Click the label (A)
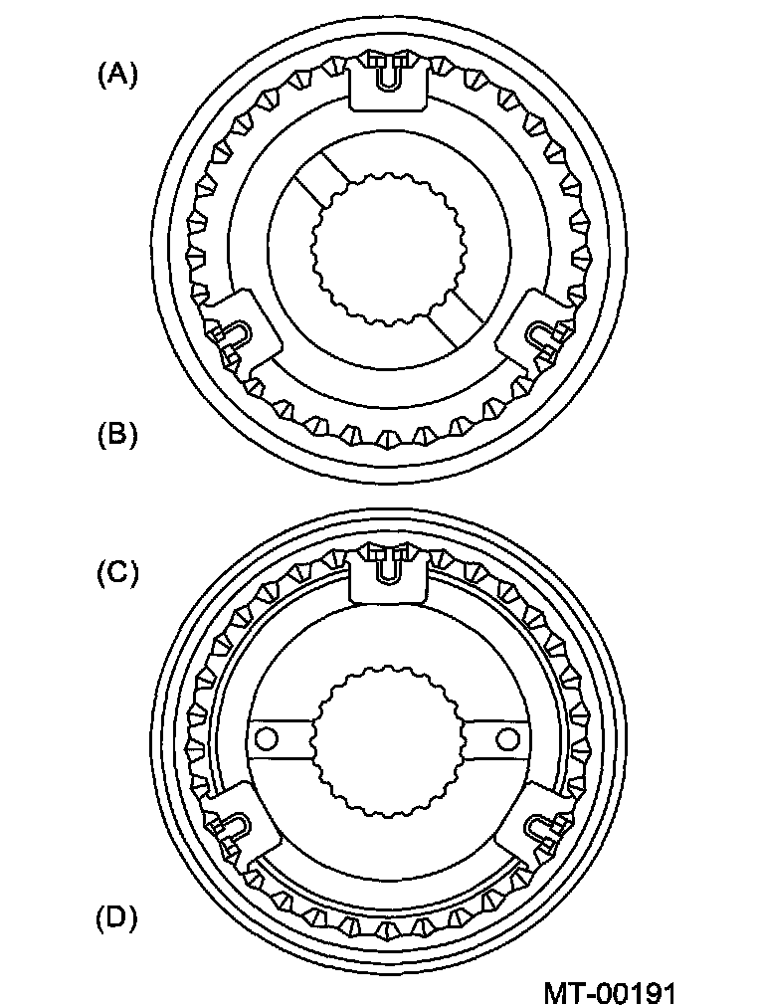point(117,75)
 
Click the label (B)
point(117,435)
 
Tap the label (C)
point(116,574)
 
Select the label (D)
point(116,917)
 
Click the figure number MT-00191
point(610,992)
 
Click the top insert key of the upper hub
point(390,81)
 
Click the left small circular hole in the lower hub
point(266,737)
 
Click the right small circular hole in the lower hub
point(507,737)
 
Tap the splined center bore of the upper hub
point(388,246)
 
